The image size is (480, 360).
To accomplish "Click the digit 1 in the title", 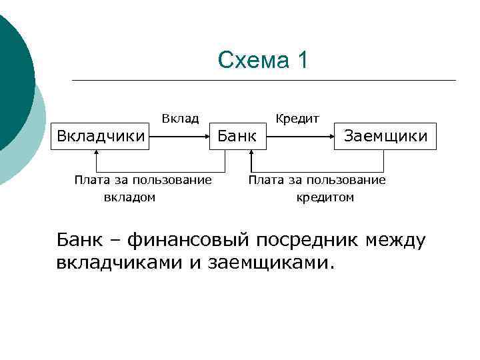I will [x=303, y=61].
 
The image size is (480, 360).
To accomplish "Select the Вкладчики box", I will [x=101, y=136].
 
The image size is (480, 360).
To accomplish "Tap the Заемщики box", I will [x=386, y=136].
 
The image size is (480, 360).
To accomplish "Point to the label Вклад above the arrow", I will [x=180, y=119].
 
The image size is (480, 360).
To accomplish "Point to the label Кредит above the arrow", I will [x=297, y=119].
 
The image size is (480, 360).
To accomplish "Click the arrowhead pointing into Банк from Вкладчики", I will [x=207, y=137].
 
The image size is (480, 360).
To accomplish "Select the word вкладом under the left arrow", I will [x=129, y=197].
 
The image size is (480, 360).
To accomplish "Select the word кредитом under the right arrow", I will [x=325, y=197].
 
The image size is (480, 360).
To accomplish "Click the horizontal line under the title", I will [x=263, y=81].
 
